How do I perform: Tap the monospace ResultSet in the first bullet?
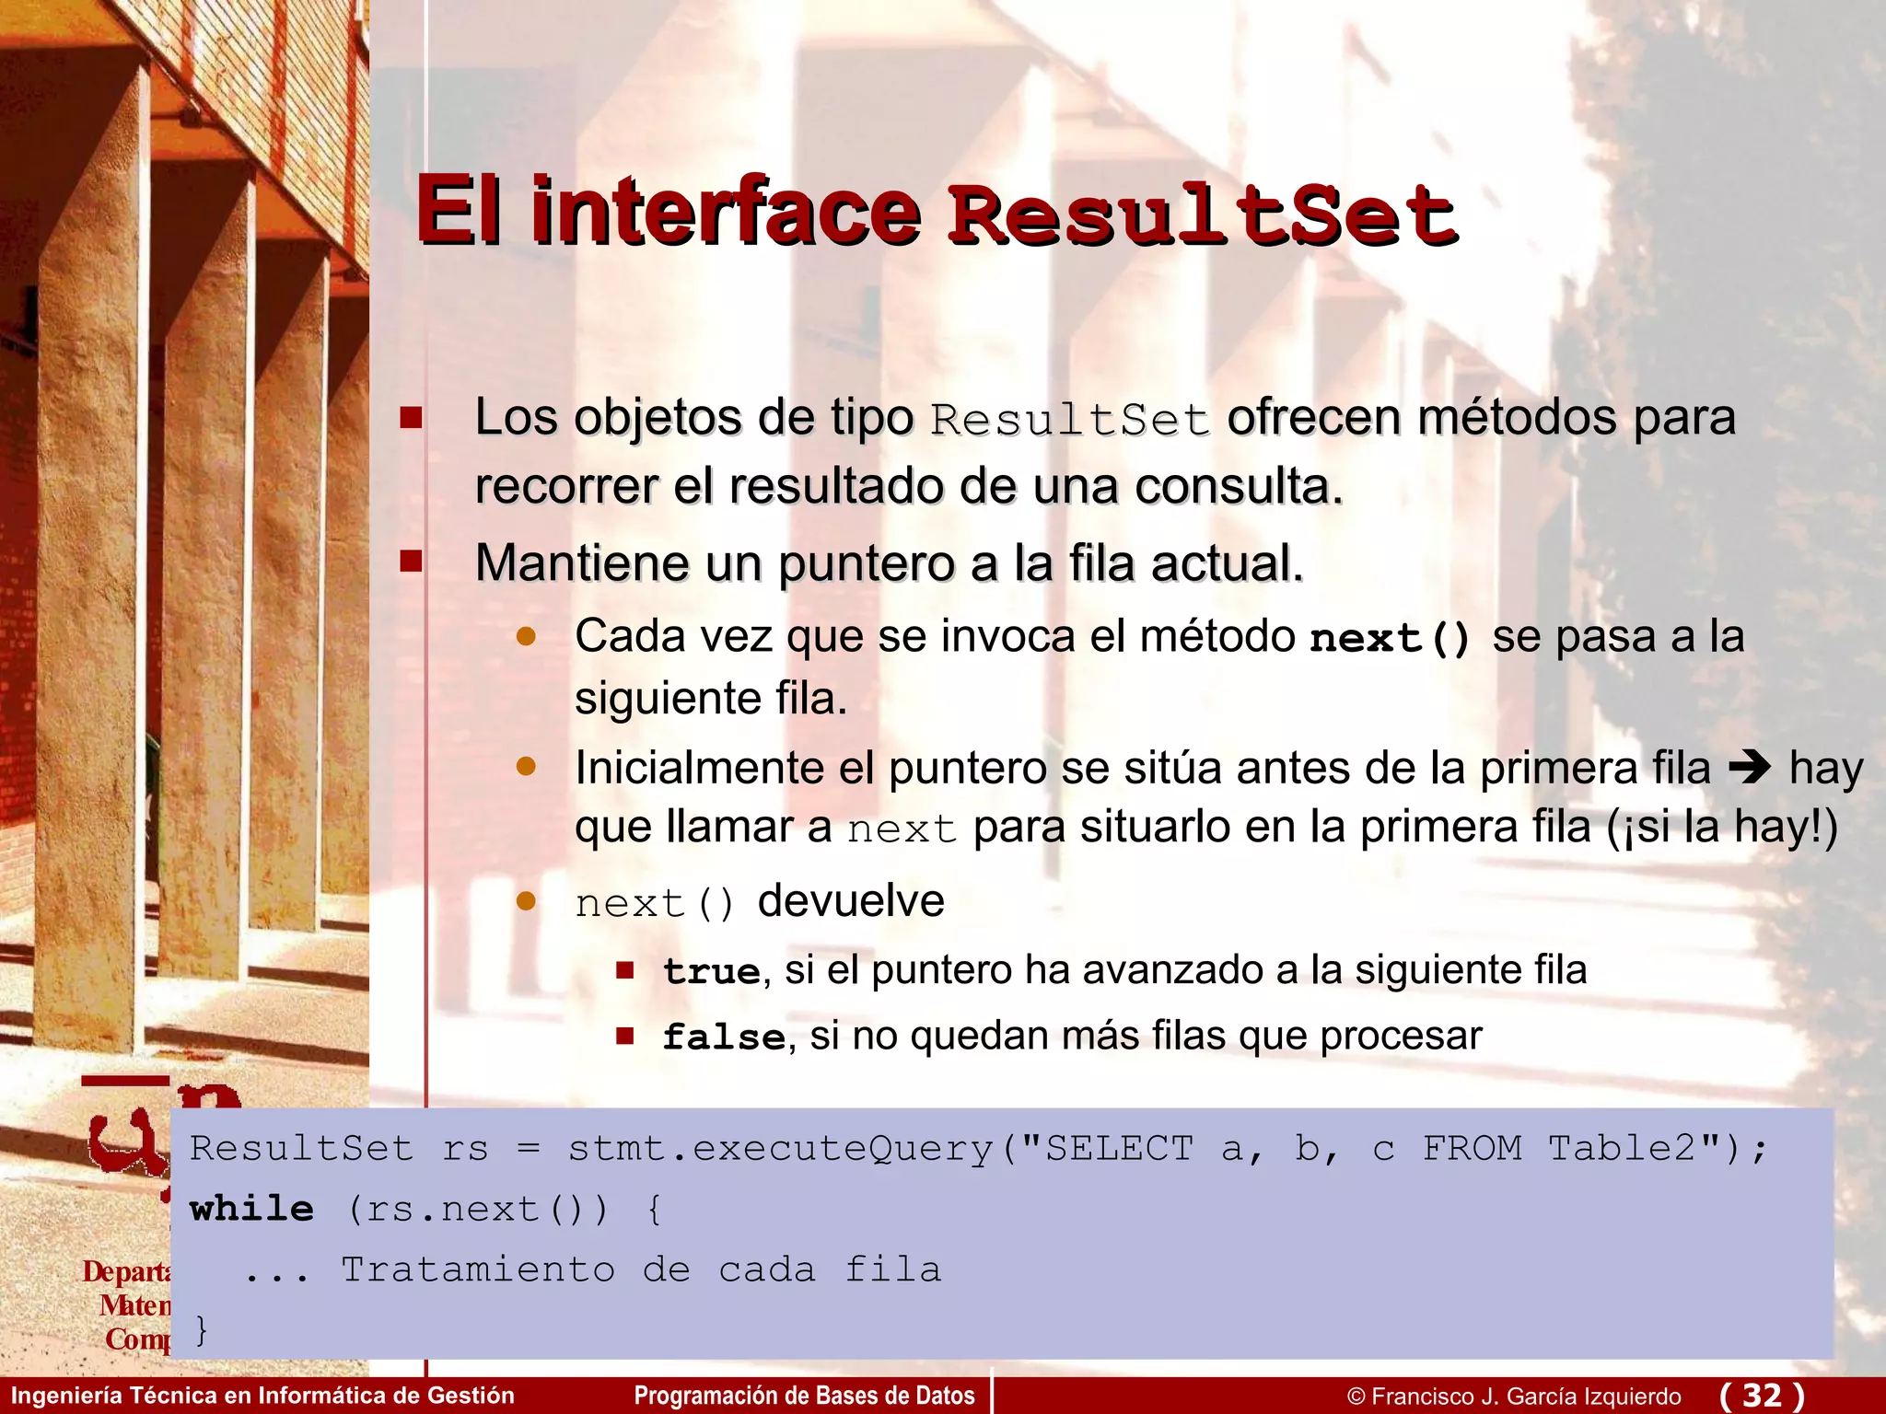(1069, 421)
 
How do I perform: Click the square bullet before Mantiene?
(411, 561)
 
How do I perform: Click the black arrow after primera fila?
(1750, 767)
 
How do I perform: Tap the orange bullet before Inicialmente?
(526, 766)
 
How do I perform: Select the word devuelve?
(851, 900)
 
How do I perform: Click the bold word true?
(712, 971)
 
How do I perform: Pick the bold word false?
(724, 1037)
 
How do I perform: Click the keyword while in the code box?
(251, 1209)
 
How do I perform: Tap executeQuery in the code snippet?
(843, 1149)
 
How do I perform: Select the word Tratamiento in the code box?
(478, 1270)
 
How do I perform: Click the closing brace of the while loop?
(202, 1328)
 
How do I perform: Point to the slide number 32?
(1762, 1396)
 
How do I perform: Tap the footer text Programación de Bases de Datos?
(804, 1396)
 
